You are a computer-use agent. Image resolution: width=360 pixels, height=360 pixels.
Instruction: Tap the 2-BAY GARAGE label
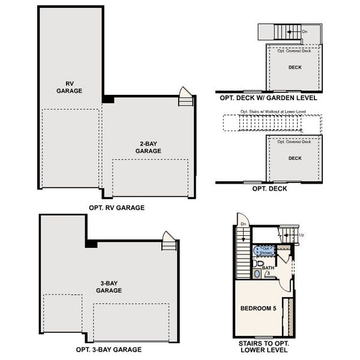148,148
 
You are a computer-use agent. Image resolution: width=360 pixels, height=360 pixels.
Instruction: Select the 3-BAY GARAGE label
109,286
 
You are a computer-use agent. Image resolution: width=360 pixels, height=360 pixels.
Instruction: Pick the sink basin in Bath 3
258,274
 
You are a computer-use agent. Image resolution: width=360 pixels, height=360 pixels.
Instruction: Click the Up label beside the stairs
301,235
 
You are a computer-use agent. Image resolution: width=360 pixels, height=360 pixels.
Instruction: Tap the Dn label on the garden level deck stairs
305,32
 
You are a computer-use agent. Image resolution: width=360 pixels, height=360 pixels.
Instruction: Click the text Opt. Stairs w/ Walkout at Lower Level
273,112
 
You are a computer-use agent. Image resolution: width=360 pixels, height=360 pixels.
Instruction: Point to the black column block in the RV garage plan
107,99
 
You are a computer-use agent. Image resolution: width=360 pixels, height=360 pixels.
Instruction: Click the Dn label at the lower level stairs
244,224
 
